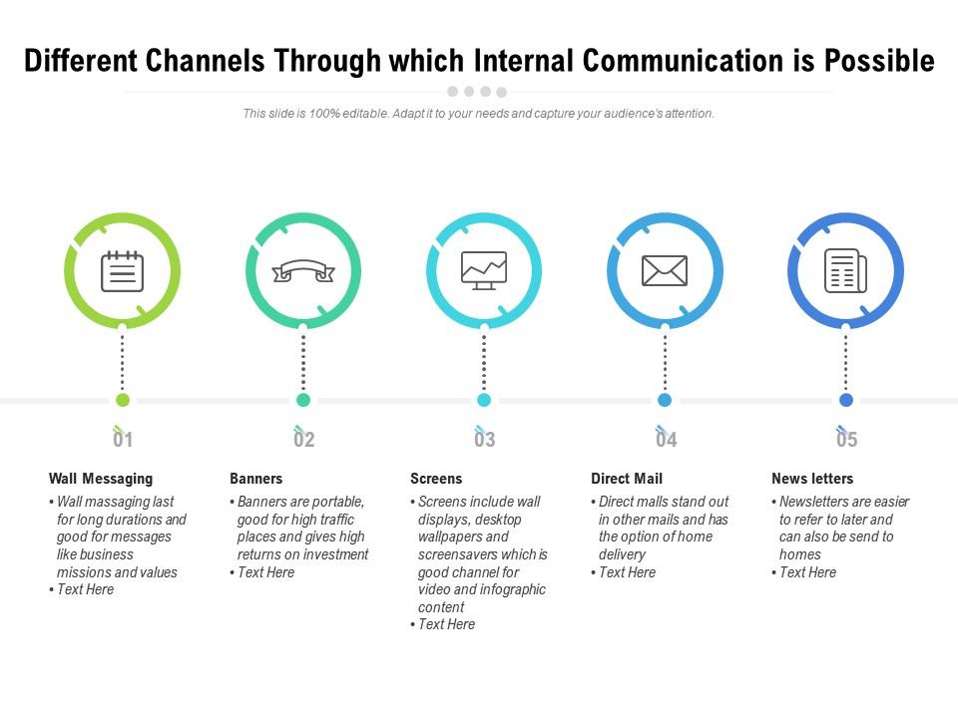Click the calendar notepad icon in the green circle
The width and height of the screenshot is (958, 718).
[122, 271]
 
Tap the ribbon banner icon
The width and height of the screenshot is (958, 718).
[303, 271]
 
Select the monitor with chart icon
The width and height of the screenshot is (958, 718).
[484, 270]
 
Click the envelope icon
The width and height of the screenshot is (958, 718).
[665, 270]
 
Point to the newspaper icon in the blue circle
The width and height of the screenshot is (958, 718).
[845, 270]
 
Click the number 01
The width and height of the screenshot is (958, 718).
[123, 440]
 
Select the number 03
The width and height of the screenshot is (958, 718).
[484, 440]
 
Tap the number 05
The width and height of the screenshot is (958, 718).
[846, 440]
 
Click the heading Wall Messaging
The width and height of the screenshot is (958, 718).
[101, 479]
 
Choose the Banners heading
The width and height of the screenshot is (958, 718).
[256, 479]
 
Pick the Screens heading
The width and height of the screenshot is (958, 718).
[436, 479]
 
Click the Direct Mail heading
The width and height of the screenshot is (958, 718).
[627, 479]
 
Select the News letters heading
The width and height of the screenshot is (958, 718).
[812, 479]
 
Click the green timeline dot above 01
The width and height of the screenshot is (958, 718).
[123, 400]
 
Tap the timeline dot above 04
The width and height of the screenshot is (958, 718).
[665, 400]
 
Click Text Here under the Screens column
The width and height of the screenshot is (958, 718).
[446, 624]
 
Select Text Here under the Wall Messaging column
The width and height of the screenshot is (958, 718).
[85, 589]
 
